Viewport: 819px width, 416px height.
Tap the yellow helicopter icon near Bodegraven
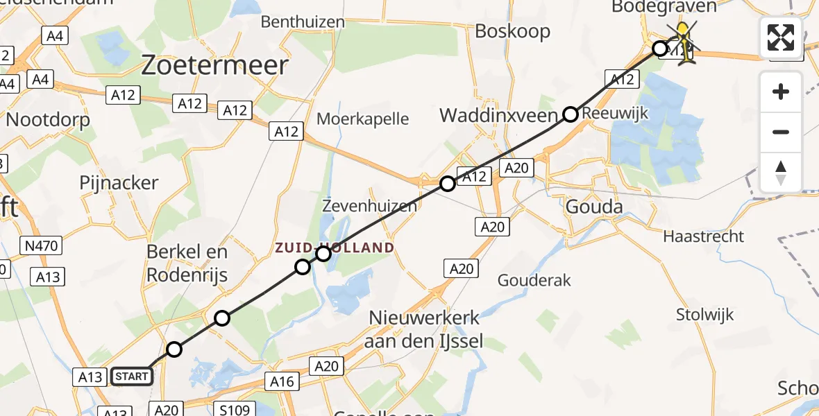click(x=684, y=43)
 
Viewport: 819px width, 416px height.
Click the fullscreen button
click(x=781, y=37)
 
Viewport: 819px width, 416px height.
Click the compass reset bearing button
click(x=781, y=173)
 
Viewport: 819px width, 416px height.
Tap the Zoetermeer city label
click(x=215, y=66)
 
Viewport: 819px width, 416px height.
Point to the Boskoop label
click(x=513, y=31)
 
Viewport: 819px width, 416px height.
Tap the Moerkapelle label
click(x=362, y=119)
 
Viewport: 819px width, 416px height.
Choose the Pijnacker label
click(x=119, y=183)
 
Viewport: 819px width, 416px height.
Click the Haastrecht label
click(x=703, y=236)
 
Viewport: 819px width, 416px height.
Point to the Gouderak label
click(x=534, y=280)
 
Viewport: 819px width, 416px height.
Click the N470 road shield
click(x=42, y=245)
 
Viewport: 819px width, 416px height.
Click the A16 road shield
click(x=282, y=381)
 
